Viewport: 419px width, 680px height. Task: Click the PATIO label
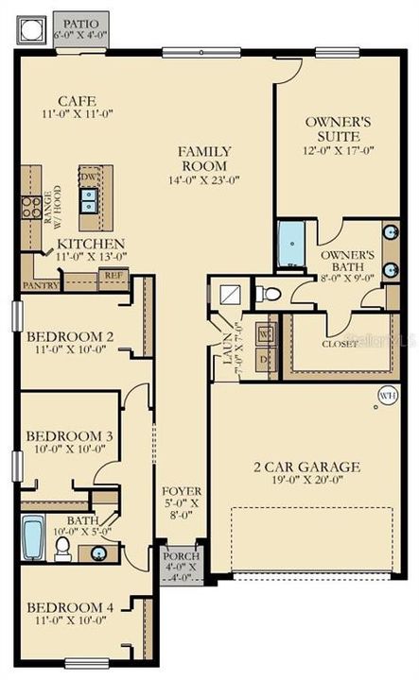(x=80, y=20)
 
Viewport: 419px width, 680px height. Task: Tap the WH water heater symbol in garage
(x=387, y=396)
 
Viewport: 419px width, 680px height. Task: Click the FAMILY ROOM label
(x=205, y=151)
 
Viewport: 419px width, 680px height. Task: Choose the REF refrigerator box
(x=113, y=276)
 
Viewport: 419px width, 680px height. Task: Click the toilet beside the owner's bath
(x=270, y=294)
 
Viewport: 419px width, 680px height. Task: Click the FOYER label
(x=181, y=491)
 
